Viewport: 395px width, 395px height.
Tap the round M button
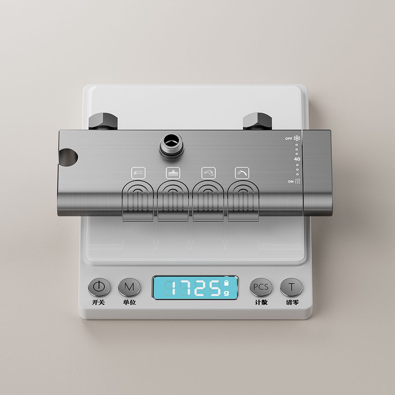pos(129,287)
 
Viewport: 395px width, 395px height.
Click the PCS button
pos(261,287)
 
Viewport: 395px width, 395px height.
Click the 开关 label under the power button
pos(98,302)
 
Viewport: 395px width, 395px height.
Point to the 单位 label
pos(129,302)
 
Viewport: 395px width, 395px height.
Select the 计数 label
pos(261,302)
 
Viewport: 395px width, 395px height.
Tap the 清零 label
pos(292,302)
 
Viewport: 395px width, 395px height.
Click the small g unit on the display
pos(226,293)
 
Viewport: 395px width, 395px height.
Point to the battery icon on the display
pos(226,283)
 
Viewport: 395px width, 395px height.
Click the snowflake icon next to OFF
pos(297,138)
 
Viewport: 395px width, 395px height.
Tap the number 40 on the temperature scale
pos(297,159)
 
